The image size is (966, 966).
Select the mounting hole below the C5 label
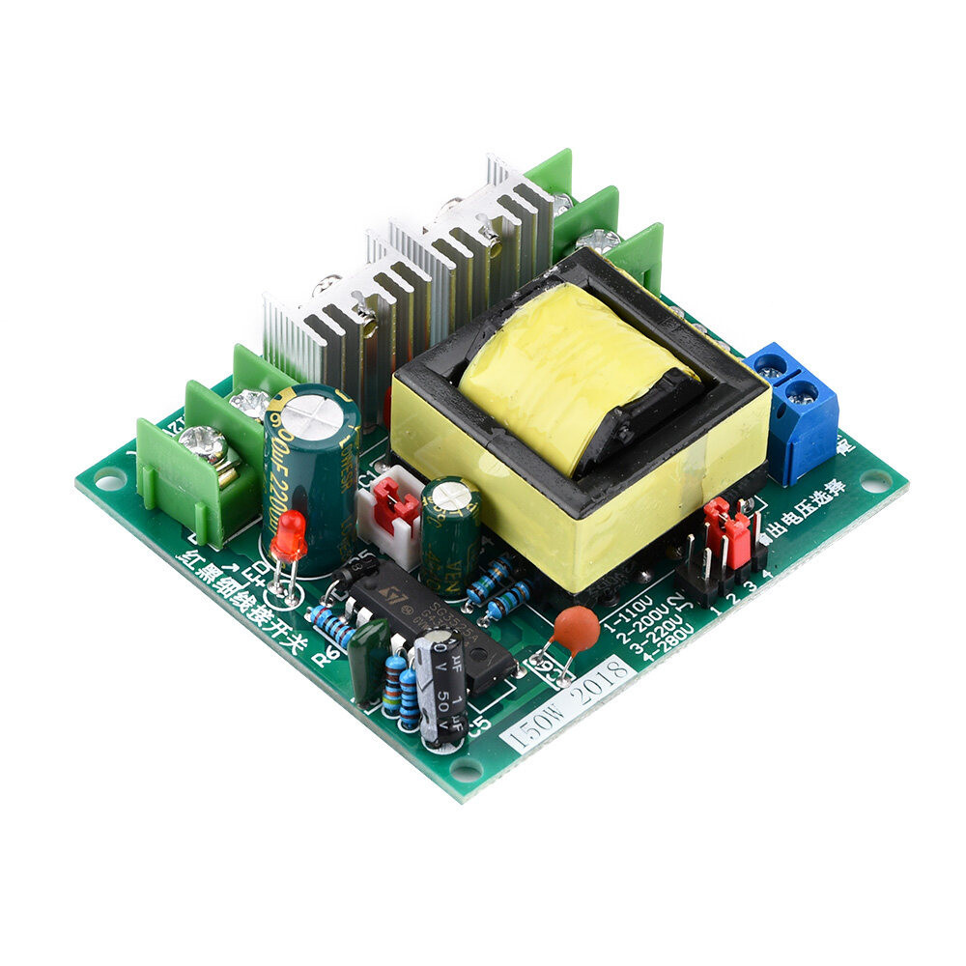point(466,770)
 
